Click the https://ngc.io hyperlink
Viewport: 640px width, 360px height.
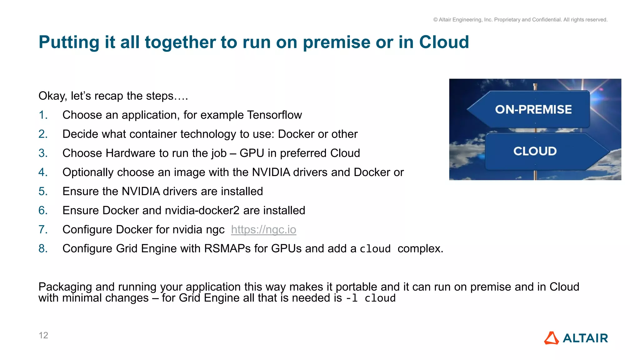pyautogui.click(x=263, y=230)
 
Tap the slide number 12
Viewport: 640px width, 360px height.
pyautogui.click(x=43, y=335)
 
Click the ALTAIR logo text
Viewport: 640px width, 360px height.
pyautogui.click(x=585, y=338)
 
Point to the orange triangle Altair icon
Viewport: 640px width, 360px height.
pyautogui.click(x=551, y=338)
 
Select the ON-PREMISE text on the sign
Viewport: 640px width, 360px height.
pyautogui.click(x=533, y=109)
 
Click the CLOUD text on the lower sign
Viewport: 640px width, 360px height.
pyautogui.click(x=535, y=151)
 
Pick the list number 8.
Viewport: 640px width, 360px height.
pyautogui.click(x=43, y=249)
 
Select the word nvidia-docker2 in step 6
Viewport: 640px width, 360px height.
pyautogui.click(x=202, y=210)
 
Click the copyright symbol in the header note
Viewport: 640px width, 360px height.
pyautogui.click(x=435, y=20)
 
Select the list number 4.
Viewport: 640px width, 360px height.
pyautogui.click(x=43, y=172)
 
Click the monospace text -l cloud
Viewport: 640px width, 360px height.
pyautogui.click(x=371, y=298)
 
